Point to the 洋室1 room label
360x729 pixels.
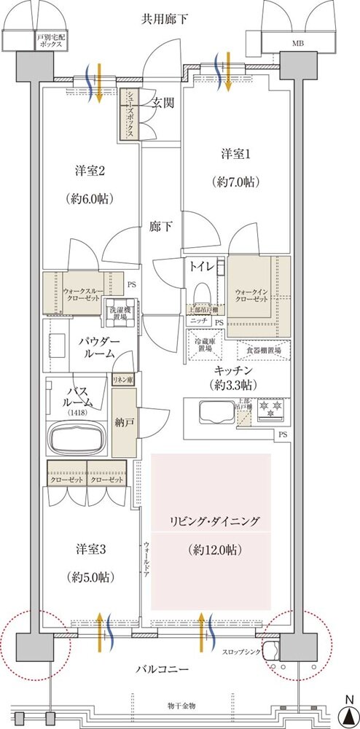(x=235, y=154)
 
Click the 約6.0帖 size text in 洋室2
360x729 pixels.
(x=91, y=199)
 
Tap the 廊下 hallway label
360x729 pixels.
(x=162, y=227)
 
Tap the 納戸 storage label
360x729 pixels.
(x=124, y=423)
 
